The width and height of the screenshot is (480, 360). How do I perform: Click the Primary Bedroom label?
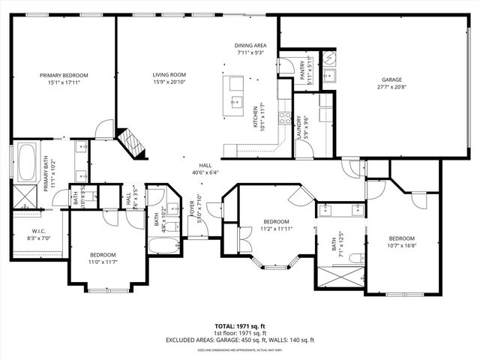click(64, 76)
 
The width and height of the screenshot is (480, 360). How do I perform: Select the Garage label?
click(391, 79)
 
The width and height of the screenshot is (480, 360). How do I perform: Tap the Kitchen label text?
click(255, 118)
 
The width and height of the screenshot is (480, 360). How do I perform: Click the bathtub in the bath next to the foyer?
click(164, 245)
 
